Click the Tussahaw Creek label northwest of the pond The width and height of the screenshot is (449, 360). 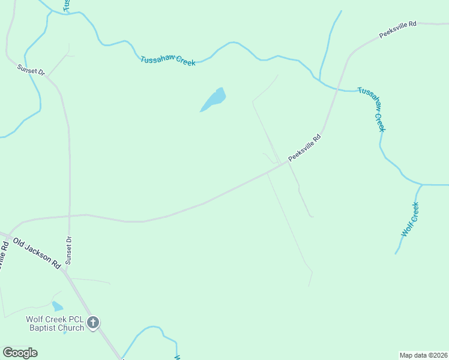point(167,61)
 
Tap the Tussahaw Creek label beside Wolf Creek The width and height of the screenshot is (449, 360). point(372,109)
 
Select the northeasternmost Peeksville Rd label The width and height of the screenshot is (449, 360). point(397,30)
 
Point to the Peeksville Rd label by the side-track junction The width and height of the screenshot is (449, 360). point(305,148)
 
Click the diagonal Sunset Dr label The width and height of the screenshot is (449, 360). point(31,70)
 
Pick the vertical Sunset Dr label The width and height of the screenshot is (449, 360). point(69,250)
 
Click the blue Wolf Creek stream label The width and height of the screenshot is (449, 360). point(410,220)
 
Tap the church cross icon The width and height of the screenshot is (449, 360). point(93,323)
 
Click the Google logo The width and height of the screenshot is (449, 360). point(20,353)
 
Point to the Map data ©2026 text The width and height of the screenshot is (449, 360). point(424,355)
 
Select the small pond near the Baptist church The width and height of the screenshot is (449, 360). point(57,307)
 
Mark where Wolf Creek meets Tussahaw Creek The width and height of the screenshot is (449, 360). point(423,185)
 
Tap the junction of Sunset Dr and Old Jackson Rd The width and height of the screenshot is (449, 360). point(63,270)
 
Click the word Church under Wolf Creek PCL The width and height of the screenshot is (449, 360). point(70,328)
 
